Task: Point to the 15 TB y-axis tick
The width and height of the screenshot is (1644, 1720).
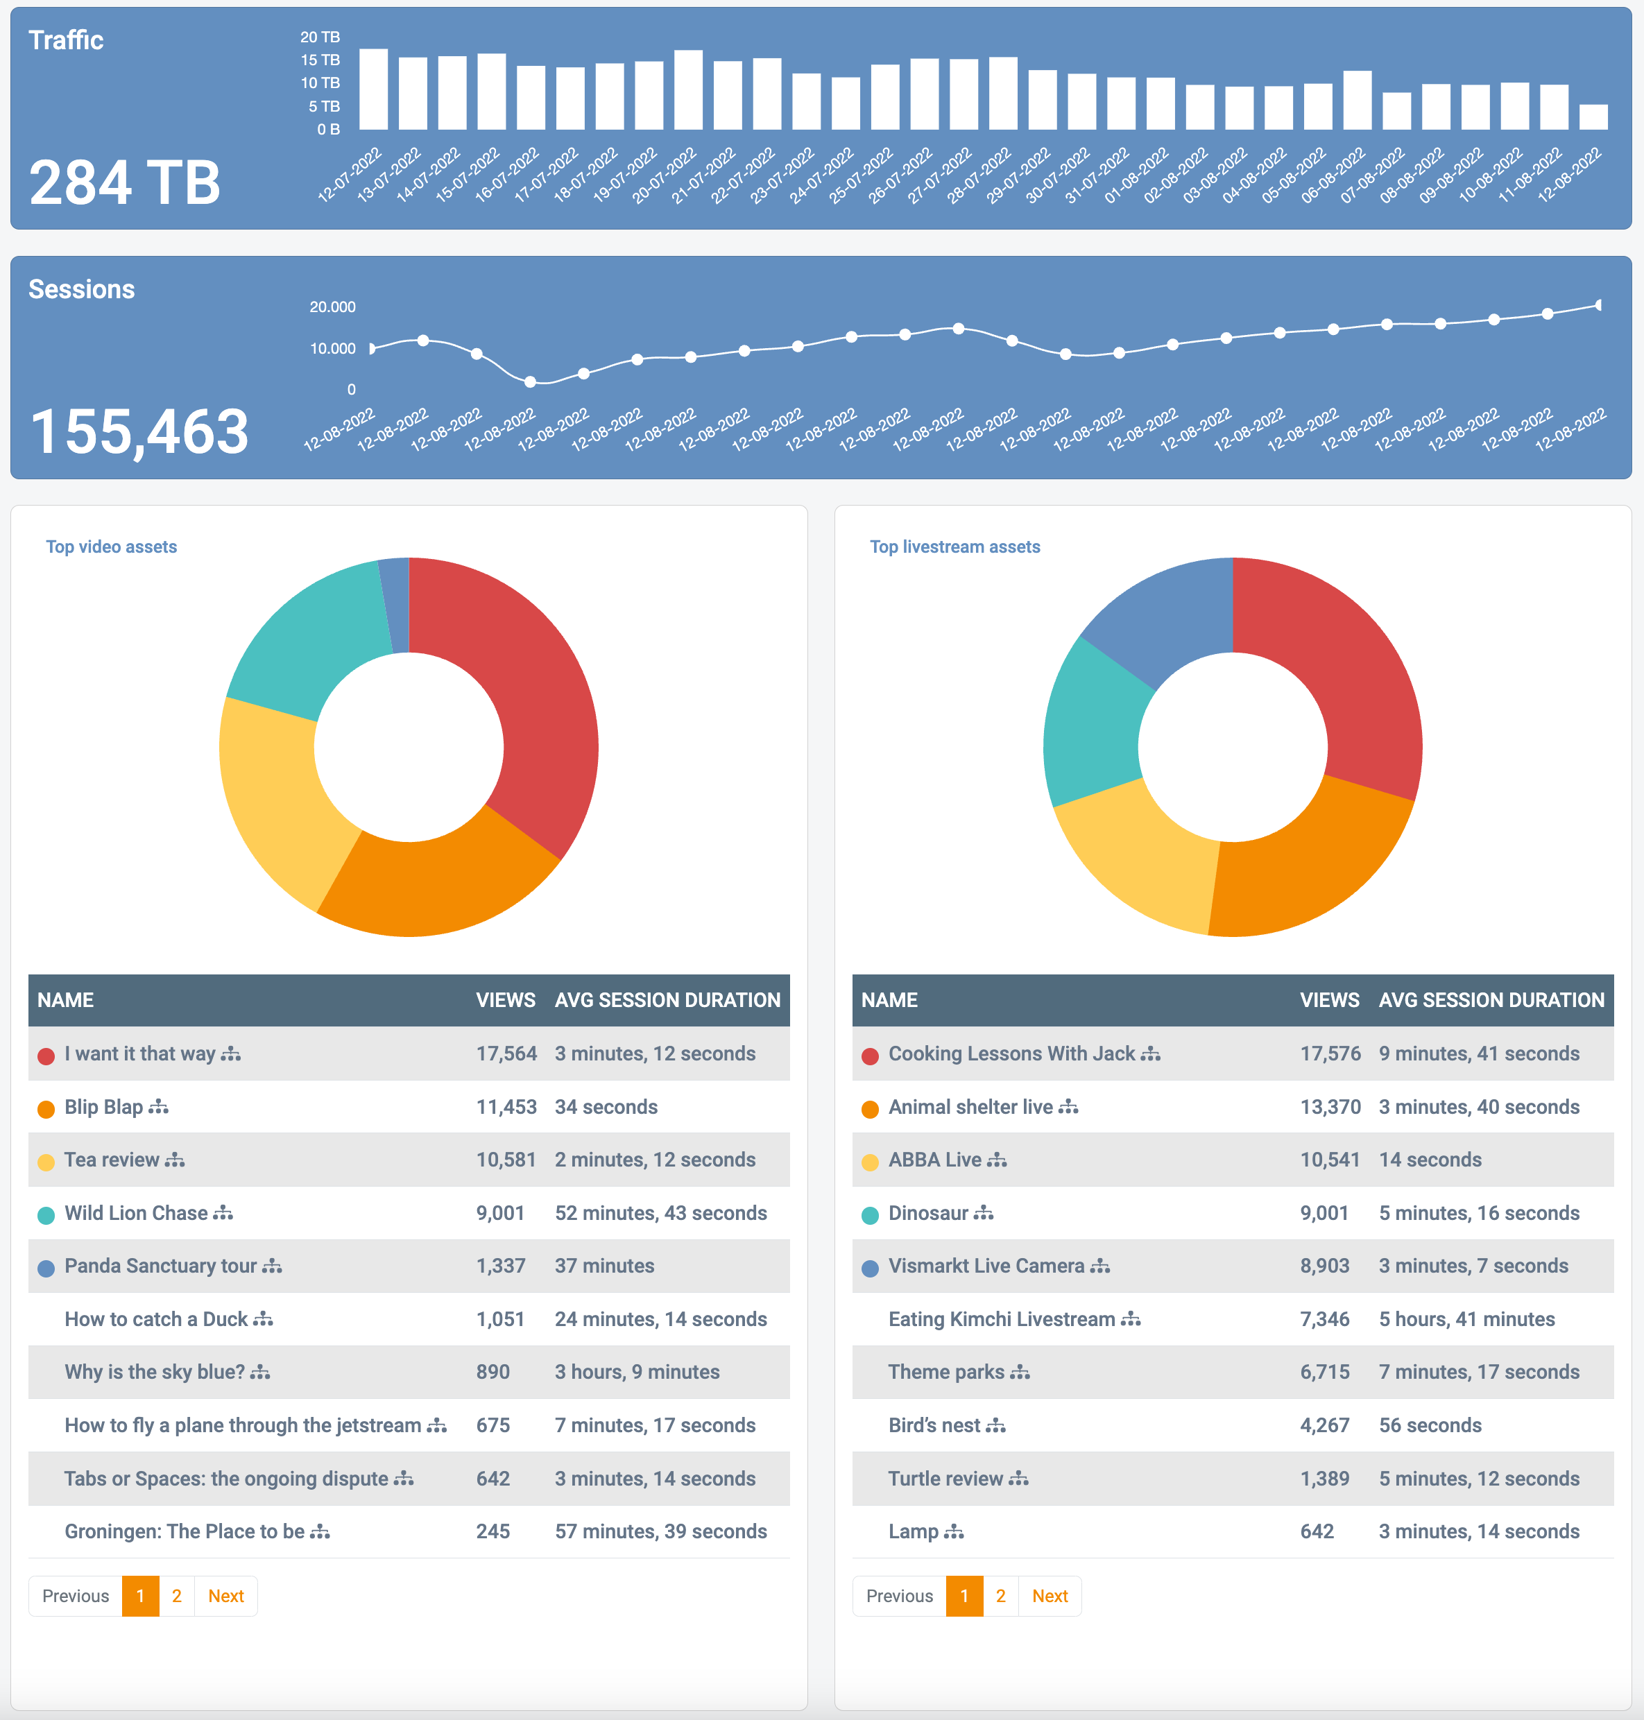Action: pyautogui.click(x=320, y=60)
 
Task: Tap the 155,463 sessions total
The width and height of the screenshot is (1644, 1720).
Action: pyautogui.click(x=139, y=432)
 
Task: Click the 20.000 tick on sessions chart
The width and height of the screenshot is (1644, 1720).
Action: pyautogui.click(x=332, y=307)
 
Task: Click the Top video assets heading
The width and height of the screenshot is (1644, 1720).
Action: pyautogui.click(x=111, y=547)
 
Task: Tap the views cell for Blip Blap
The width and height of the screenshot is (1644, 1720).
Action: pyautogui.click(x=506, y=1107)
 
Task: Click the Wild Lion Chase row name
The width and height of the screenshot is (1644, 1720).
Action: pyautogui.click(x=136, y=1213)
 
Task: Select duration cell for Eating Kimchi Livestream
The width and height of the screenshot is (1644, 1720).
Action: pyautogui.click(x=1466, y=1318)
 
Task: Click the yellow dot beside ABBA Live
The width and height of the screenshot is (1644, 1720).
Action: pyautogui.click(x=869, y=1162)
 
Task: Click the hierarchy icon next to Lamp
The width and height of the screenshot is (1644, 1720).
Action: pyautogui.click(x=953, y=1531)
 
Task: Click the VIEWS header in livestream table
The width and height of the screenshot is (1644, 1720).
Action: pyautogui.click(x=1328, y=1000)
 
